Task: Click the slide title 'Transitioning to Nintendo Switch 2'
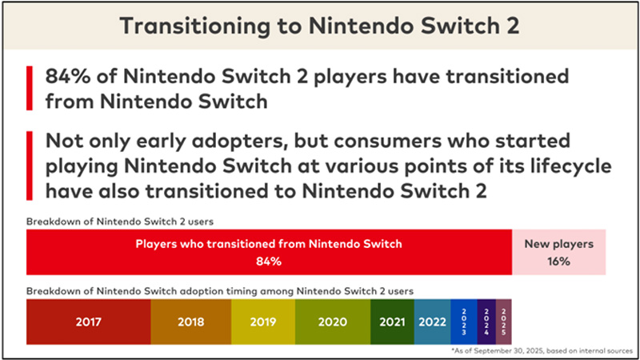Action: [x=319, y=26]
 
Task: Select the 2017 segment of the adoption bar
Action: [x=88, y=322]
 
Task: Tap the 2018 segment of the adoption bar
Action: [x=190, y=322]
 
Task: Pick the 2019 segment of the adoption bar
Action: [x=262, y=322]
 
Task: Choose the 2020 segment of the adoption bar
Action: [x=332, y=322]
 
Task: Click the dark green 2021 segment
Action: [x=392, y=322]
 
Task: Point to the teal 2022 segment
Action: [x=432, y=322]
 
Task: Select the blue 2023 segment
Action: [x=464, y=322]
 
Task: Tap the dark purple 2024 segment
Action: [x=487, y=322]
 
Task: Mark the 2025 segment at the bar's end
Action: [x=504, y=322]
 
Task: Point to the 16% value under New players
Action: [x=558, y=262]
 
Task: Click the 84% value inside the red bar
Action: [x=269, y=262]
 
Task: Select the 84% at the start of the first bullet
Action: [x=69, y=78]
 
